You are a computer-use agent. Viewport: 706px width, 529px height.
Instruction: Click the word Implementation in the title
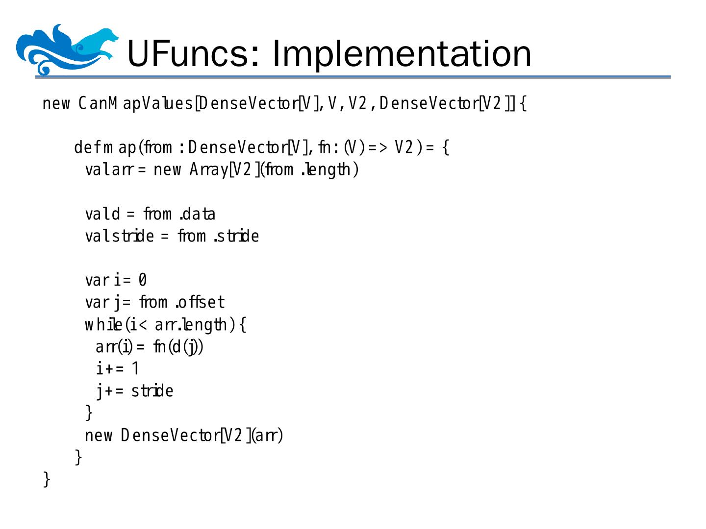[x=402, y=53]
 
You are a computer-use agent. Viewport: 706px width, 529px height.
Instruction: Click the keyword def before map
[x=86, y=147]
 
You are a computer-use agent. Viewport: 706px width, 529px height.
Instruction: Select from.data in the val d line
[x=179, y=214]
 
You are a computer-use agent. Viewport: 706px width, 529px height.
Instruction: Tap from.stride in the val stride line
[x=218, y=236]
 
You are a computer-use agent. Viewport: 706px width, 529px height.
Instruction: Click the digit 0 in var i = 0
[x=142, y=280]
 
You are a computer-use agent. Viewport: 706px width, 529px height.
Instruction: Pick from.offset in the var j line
[x=182, y=302]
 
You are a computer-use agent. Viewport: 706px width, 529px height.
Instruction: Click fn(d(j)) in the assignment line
[x=178, y=347]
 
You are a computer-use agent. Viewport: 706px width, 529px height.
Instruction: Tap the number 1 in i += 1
[x=135, y=368]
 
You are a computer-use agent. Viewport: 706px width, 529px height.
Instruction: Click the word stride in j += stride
[x=152, y=391]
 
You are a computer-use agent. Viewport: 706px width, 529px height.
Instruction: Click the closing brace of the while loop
[x=89, y=412]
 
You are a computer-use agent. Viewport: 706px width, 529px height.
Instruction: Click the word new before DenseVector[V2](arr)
[x=99, y=435]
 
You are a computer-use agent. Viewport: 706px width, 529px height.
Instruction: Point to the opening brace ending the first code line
[x=523, y=104]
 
